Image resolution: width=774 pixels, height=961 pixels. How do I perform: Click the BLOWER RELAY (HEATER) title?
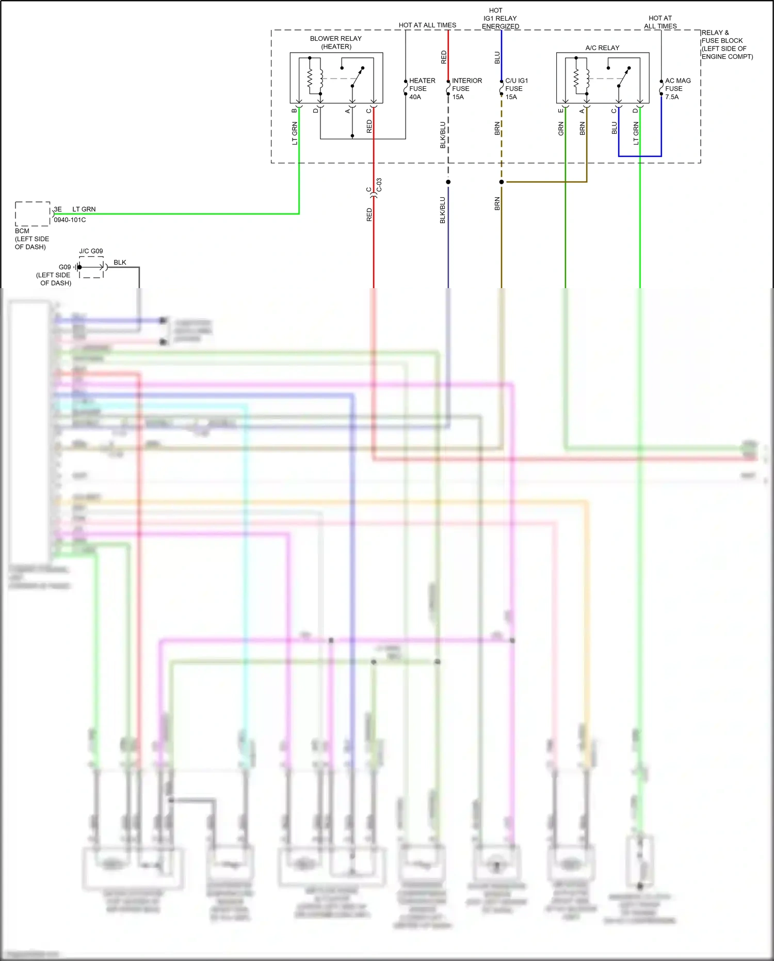coord(336,42)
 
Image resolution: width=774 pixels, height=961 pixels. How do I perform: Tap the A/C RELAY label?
coord(602,48)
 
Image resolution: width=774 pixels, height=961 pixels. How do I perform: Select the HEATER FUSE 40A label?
coord(422,88)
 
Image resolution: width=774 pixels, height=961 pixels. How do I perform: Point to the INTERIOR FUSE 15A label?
coord(466,88)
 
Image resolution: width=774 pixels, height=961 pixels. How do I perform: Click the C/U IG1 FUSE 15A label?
coord(516,88)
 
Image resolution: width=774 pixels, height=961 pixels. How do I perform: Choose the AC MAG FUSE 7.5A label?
coord(677,88)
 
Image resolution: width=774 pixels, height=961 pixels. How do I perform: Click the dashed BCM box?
coord(33,214)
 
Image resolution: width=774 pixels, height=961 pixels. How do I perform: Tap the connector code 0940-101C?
coord(70,220)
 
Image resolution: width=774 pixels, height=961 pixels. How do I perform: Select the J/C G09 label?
coord(91,251)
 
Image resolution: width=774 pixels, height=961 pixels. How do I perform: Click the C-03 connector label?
coord(379,185)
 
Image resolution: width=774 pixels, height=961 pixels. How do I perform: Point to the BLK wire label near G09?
coord(120,262)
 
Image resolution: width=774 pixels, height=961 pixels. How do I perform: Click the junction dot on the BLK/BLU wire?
coord(448,182)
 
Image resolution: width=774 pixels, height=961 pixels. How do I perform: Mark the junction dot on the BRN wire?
coord(501,182)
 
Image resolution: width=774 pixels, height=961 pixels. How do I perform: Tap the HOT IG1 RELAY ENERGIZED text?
coord(500,18)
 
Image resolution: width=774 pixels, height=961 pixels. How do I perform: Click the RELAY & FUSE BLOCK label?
coord(727,44)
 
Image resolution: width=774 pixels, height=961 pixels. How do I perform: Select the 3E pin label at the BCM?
coord(58,209)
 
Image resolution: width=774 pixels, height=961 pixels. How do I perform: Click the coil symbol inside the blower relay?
coord(321,78)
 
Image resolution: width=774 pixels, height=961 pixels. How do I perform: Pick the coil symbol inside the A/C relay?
coord(587,78)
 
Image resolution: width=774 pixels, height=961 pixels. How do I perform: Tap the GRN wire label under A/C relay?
coord(561,129)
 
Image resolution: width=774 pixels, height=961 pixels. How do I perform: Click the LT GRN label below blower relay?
coord(295,133)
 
